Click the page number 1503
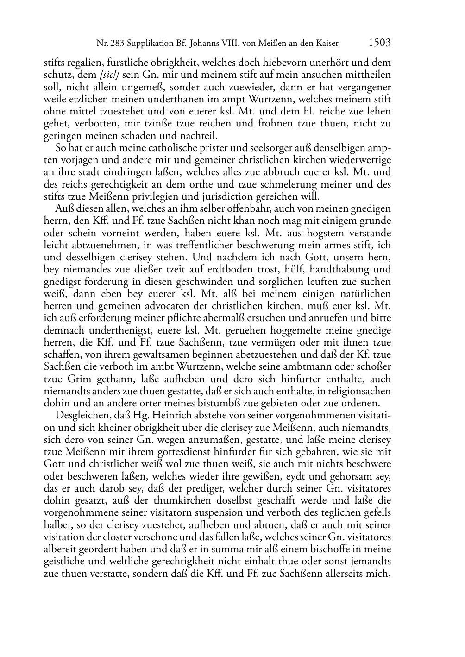pos(379,43)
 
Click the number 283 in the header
pos(116,44)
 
